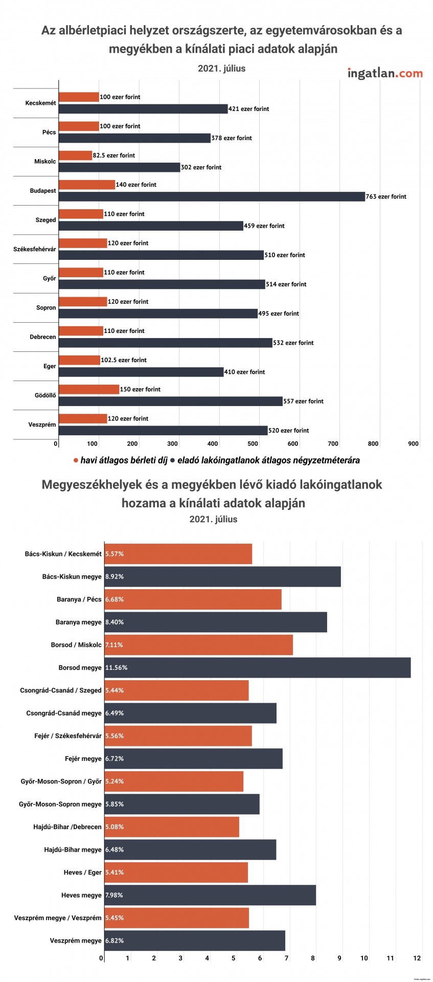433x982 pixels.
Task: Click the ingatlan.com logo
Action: point(385,73)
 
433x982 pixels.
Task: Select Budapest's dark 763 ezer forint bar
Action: point(212,196)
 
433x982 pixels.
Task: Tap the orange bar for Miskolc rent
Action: point(76,155)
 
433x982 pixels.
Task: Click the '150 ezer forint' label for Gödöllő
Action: point(140,389)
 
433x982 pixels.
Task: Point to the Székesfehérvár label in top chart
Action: point(35,249)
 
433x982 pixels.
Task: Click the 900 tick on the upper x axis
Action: point(414,444)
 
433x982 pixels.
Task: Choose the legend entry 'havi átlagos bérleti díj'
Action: point(124,460)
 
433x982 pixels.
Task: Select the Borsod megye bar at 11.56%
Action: point(257,667)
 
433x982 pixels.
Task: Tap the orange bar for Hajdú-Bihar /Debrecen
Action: point(172,827)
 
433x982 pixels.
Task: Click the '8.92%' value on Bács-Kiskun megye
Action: point(115,576)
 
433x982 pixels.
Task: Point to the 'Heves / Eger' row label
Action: point(82,872)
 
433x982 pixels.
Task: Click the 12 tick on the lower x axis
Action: point(417,958)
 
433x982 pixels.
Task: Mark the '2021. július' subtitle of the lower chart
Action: point(213,519)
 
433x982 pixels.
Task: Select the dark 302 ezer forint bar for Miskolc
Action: point(120,167)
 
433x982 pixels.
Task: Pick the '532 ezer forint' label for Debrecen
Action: point(293,343)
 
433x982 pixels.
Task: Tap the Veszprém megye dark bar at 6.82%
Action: point(195,941)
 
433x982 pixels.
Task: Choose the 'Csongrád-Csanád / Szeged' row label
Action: point(61,690)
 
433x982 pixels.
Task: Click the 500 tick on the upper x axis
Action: point(253,444)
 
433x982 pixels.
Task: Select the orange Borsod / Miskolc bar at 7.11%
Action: point(198,645)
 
